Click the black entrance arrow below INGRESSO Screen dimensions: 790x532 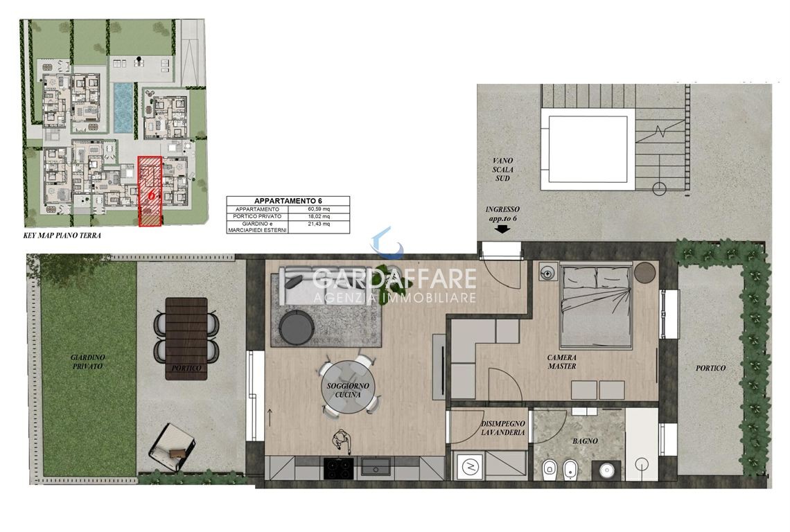coord(503,229)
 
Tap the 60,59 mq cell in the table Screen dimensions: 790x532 coord(319,209)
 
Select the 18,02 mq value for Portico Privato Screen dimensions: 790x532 coord(319,216)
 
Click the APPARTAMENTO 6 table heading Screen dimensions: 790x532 coord(288,201)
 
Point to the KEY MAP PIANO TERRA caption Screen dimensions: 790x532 coord(62,236)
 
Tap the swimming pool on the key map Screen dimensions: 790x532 coord(123,107)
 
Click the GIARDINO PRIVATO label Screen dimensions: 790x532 coord(88,362)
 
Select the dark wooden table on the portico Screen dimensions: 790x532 coord(186,338)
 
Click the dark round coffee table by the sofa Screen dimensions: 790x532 coord(297,327)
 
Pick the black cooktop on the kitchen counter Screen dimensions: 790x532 coord(339,468)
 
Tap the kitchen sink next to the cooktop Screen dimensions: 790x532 coord(376,468)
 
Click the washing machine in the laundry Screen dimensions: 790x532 coord(468,466)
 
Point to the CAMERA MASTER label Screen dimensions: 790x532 coord(562,362)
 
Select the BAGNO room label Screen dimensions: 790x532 coord(585,441)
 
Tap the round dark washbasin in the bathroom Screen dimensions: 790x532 coord(607,471)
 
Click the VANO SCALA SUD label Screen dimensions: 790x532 coord(502,169)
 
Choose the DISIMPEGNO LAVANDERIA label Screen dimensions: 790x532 coord(503,428)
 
